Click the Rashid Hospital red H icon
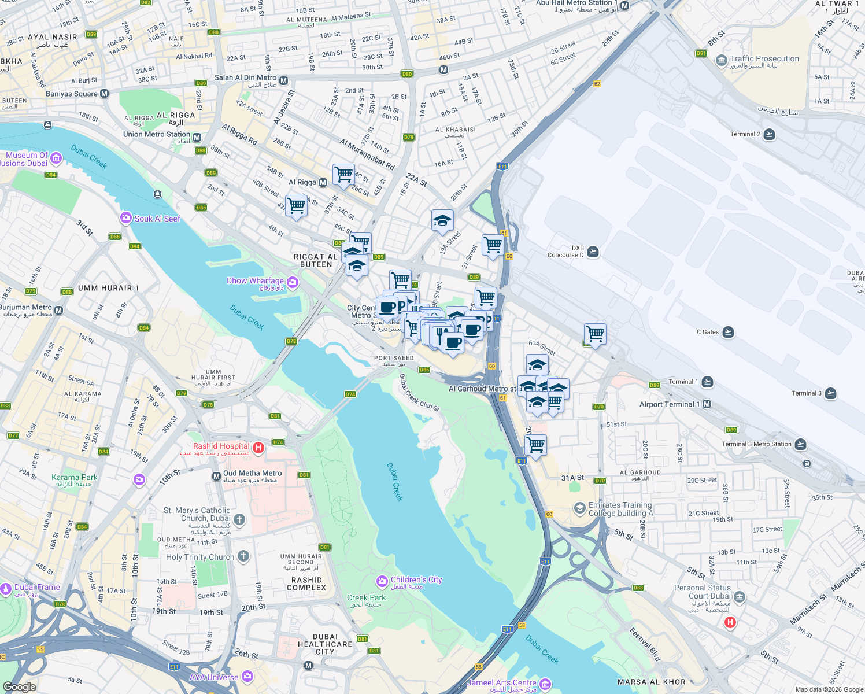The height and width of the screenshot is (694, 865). [259, 447]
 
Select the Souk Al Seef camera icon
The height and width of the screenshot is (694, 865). [125, 218]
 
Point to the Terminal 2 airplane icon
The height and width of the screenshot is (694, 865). [769, 134]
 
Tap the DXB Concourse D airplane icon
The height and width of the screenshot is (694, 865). [593, 252]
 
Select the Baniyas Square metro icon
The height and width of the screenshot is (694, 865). [104, 93]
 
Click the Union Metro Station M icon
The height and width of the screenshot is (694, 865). [197, 138]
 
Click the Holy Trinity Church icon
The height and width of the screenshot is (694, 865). [243, 556]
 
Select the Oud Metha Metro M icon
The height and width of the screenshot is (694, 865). [216, 475]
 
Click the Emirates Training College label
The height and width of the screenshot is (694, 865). [620, 509]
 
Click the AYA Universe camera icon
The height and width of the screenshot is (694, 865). [247, 676]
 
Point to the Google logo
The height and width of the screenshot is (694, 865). [19, 686]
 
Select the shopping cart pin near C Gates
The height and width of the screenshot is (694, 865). [595, 334]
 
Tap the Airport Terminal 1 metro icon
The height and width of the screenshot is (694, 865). [707, 404]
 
